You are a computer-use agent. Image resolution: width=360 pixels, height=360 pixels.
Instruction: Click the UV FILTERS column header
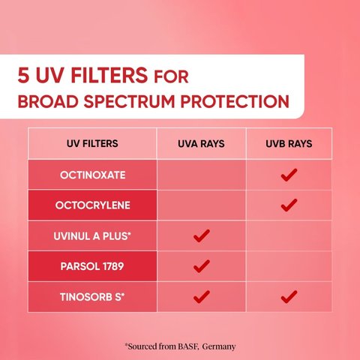pos(92,143)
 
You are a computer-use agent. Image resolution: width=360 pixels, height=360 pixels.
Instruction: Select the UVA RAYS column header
pos(201,143)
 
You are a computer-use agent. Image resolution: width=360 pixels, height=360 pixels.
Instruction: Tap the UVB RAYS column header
pos(289,143)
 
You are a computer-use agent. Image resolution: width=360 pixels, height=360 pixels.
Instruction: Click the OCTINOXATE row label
pos(92,175)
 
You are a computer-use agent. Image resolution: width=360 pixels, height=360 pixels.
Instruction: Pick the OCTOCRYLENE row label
pos(92,205)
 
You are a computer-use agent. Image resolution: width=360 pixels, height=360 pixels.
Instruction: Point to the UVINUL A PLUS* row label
pos(92,235)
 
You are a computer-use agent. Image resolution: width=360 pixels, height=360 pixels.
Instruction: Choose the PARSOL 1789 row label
pos(92,266)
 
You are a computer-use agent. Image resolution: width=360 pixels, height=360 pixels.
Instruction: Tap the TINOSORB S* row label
pos(92,297)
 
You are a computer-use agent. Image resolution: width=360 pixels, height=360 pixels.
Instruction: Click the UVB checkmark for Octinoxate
pos(289,175)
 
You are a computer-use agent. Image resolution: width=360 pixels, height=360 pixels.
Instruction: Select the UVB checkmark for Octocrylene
pos(289,204)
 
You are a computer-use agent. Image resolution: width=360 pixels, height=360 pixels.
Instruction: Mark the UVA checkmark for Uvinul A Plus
pos(201,235)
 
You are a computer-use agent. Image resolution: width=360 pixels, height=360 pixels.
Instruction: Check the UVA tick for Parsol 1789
pos(201,266)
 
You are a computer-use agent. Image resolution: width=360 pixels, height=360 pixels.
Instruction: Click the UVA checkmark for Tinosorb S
pos(201,297)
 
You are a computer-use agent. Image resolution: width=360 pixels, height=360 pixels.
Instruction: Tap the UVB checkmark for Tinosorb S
pos(289,297)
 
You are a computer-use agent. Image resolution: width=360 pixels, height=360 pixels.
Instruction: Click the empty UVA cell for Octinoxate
pos(201,175)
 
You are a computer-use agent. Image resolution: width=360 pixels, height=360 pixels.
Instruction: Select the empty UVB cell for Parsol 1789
pos(289,266)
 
